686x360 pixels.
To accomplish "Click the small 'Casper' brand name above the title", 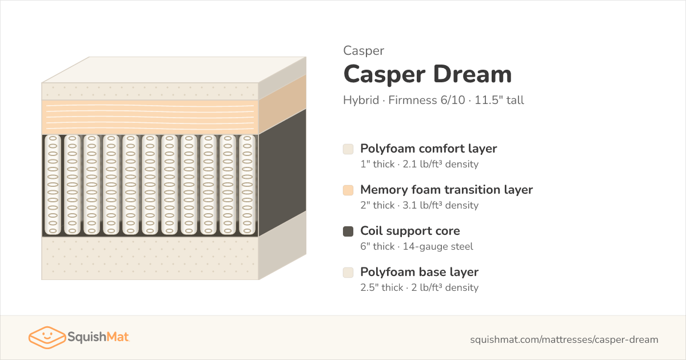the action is click(364, 51).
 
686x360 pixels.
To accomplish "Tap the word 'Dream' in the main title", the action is click(473, 74).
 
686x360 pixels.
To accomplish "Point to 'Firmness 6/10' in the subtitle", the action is click(426, 100).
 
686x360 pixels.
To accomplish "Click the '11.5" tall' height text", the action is click(499, 100).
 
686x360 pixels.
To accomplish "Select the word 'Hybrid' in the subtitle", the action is click(361, 101).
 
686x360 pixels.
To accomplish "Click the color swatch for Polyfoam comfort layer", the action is click(348, 149).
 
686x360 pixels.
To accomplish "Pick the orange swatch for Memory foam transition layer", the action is click(348, 190).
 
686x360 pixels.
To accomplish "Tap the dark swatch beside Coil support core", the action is click(348, 231).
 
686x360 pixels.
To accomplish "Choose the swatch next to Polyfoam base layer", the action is click(348, 273).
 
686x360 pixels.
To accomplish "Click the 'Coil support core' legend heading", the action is click(410, 231).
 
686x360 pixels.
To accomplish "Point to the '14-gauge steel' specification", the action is click(438, 246).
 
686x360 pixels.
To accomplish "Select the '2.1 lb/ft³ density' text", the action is click(440, 164).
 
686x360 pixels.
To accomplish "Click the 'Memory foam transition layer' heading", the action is click(446, 190).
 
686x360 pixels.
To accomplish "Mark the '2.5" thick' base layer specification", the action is click(382, 287).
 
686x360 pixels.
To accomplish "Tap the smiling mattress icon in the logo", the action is click(47, 337).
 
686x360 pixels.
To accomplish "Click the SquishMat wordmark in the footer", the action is click(98, 337).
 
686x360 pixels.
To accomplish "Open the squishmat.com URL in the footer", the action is click(564, 339).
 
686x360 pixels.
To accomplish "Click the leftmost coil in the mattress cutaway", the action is click(53, 185).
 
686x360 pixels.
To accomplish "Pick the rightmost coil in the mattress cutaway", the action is click(247, 185).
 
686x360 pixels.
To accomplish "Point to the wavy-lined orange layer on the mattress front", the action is click(150, 117).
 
